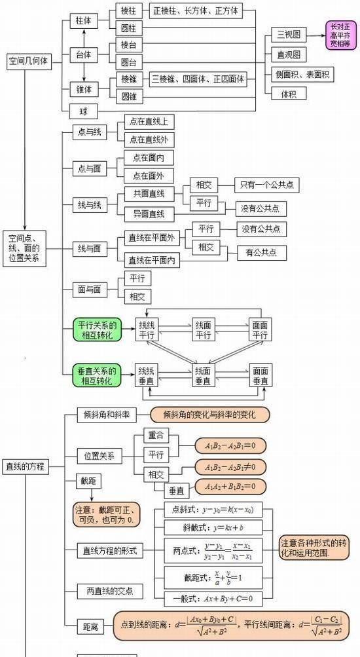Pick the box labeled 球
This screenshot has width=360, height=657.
[x=83, y=109]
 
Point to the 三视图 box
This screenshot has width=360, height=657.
[x=289, y=35]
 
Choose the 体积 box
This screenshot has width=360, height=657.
[x=289, y=94]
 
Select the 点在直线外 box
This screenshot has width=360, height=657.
[x=148, y=139]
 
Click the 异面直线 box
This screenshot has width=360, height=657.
[x=147, y=214]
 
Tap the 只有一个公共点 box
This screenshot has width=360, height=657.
[x=266, y=185]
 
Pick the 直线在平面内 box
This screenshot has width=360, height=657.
[x=152, y=260]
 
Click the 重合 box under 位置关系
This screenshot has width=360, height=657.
[x=156, y=436]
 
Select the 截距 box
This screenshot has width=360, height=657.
[x=88, y=481]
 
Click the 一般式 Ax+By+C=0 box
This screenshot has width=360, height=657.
[x=213, y=598]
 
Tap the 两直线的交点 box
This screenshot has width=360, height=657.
[x=110, y=591]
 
